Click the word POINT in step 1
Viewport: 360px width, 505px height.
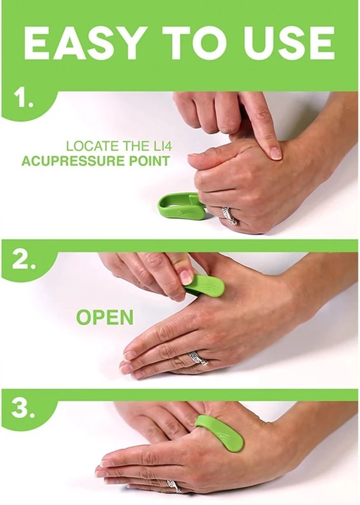[151, 161]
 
